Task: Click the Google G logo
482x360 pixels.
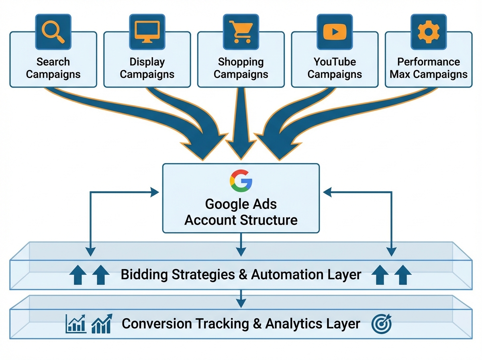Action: [241, 180]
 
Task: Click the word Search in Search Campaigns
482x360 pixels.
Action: [53, 62]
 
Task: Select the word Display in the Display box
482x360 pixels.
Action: [147, 62]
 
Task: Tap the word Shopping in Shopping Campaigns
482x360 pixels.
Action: [241, 62]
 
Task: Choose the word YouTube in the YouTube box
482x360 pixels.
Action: [335, 62]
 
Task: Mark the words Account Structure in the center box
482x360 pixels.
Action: [241, 220]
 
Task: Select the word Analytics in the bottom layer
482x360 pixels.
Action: [296, 323]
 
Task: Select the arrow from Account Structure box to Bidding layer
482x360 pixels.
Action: [241, 245]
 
